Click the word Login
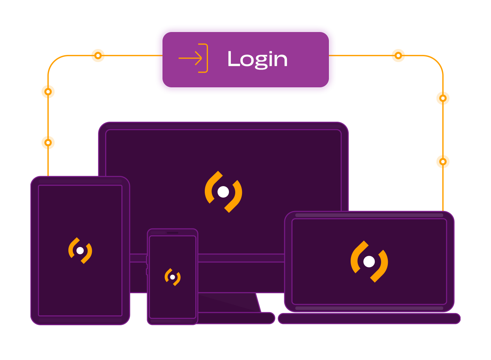coord(257,59)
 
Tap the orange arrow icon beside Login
coord(193,58)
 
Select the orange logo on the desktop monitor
coord(223,192)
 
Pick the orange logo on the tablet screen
coord(80,251)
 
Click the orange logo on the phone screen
coord(173,277)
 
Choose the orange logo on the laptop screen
coord(369,262)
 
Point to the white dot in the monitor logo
coord(223,192)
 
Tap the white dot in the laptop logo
coord(369,262)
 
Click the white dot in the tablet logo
coord(80,251)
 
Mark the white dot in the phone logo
coord(172,277)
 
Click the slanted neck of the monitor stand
coord(233,302)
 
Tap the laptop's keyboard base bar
coord(369,319)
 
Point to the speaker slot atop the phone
coord(172,233)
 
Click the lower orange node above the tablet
coord(48,142)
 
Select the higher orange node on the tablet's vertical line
coord(48,92)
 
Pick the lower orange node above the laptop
coord(443,162)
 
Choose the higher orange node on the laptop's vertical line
coord(443,98)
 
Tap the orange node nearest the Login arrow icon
coord(98,55)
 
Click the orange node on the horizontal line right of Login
coord(398,55)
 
